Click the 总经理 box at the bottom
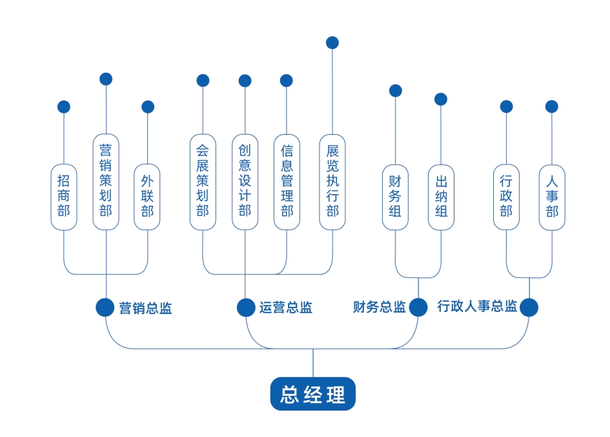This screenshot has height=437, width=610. click(x=312, y=394)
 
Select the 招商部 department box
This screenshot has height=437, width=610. click(x=64, y=197)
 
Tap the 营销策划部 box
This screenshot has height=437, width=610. click(x=106, y=181)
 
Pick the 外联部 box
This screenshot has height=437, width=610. click(x=147, y=197)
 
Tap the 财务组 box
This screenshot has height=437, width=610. click(x=395, y=197)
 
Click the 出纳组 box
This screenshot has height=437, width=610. click(x=441, y=197)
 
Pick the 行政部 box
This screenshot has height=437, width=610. click(x=506, y=197)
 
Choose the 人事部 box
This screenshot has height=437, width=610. click(x=552, y=197)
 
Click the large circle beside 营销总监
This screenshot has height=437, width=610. click(x=105, y=307)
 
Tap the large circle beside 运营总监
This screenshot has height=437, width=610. click(x=245, y=307)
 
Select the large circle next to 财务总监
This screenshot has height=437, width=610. click(x=418, y=307)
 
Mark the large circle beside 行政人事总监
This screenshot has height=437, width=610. click(x=529, y=307)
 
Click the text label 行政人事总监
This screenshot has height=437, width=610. click(x=477, y=307)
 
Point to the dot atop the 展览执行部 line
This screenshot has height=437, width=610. click(x=332, y=43)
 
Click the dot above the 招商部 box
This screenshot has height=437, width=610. click(x=64, y=107)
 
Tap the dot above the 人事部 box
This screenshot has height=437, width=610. click(x=552, y=106)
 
